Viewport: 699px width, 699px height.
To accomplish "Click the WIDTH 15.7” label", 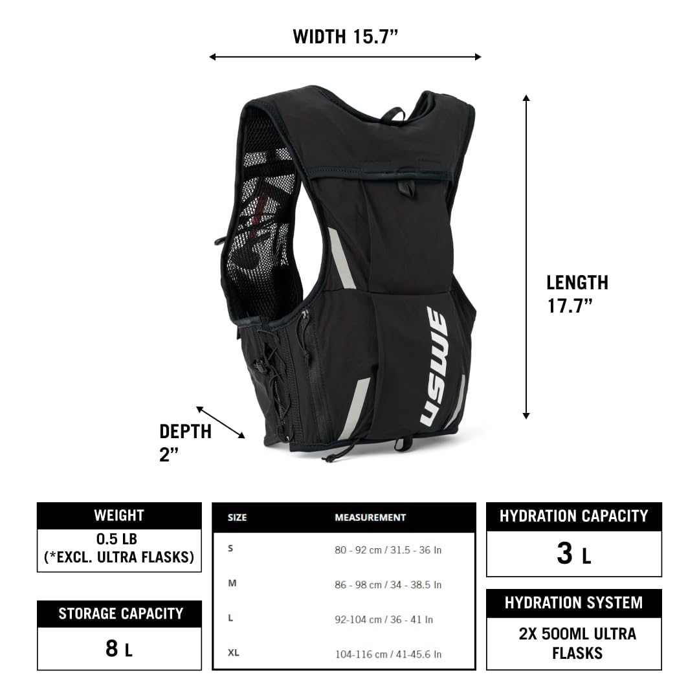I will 345,36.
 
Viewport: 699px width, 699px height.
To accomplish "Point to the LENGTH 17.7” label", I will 577,294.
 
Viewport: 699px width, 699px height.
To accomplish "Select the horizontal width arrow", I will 345,57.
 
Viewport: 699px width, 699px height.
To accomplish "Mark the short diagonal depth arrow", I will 220,423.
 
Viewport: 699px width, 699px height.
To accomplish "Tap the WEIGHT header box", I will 119,516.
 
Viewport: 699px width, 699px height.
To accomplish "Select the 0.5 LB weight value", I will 119,548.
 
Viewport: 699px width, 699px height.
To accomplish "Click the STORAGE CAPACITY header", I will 120,614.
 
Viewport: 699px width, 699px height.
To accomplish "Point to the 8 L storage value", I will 119,649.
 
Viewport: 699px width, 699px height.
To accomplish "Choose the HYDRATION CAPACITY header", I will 573,516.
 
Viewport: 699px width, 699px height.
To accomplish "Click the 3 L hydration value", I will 573,554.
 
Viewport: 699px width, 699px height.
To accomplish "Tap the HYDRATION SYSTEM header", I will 573,603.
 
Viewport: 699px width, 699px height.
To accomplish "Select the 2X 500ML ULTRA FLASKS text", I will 576,643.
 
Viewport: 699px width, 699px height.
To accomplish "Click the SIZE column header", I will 238,518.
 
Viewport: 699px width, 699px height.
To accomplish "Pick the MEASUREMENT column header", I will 370,518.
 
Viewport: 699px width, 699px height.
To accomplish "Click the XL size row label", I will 234,652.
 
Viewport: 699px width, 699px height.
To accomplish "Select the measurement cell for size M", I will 388,584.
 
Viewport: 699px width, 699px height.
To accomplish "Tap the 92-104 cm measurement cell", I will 384,619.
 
